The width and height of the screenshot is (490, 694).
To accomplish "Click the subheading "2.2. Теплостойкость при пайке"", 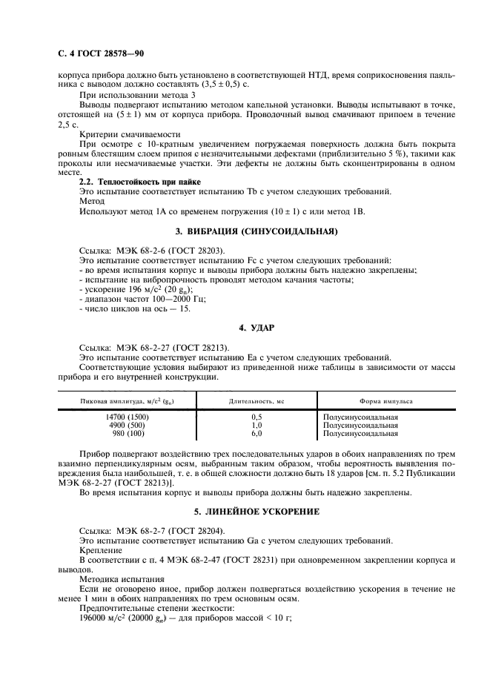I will pos(140,182).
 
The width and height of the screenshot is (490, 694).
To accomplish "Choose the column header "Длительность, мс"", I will pos(256,401).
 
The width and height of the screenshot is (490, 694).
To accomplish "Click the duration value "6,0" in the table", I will pos(256,434).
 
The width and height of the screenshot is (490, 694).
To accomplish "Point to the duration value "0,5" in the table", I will pos(256,417).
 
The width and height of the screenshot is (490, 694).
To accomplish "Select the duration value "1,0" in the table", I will pos(256,426).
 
